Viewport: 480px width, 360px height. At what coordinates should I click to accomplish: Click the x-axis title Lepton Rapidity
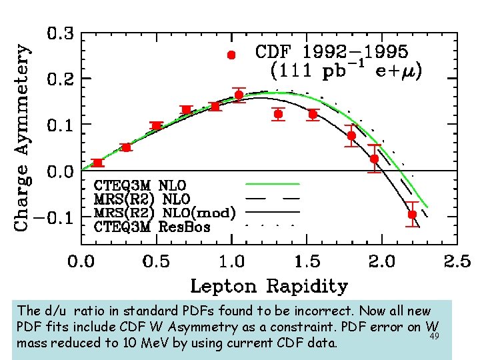click(x=269, y=287)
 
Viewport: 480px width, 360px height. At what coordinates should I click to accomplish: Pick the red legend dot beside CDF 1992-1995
click(x=231, y=55)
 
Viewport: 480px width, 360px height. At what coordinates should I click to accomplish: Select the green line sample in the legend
click(x=273, y=183)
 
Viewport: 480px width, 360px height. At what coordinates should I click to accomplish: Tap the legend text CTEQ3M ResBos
click(x=152, y=227)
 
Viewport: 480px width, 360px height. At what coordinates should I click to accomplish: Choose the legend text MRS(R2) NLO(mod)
click(x=165, y=213)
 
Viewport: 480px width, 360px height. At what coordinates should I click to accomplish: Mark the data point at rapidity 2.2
click(x=412, y=215)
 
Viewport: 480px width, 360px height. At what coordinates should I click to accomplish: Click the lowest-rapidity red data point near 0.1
click(x=98, y=163)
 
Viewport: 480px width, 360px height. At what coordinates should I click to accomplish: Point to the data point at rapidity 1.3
click(x=278, y=114)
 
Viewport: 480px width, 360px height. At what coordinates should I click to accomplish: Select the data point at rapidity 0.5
click(x=157, y=126)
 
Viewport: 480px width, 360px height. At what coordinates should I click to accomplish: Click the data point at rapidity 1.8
click(x=351, y=135)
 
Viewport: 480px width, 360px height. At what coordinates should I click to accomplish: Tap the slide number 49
click(x=434, y=336)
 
